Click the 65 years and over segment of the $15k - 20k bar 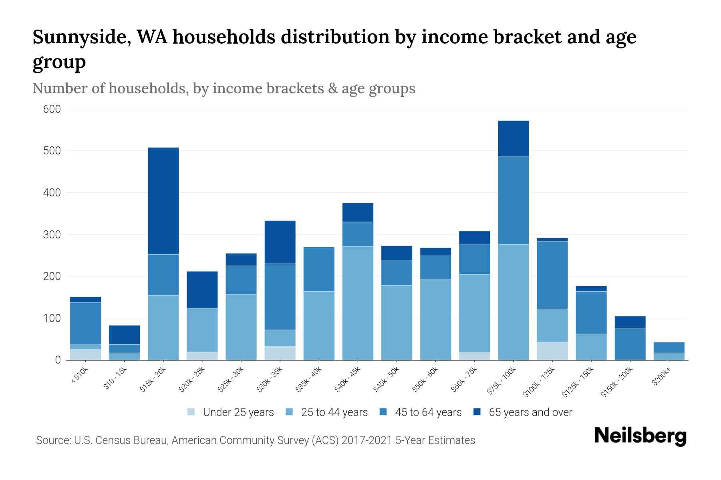coord(163,201)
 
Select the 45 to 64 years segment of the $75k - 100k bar coord(513,200)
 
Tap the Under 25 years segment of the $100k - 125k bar coord(552,351)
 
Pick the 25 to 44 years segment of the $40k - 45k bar coord(358,303)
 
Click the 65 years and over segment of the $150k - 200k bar coord(630,322)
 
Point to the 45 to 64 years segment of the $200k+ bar coord(669,347)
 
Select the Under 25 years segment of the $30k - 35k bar coord(280,353)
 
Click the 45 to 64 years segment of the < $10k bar coord(85,323)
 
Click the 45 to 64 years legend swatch coord(383,412)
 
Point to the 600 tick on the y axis coord(52,109)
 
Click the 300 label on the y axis coord(52,235)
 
